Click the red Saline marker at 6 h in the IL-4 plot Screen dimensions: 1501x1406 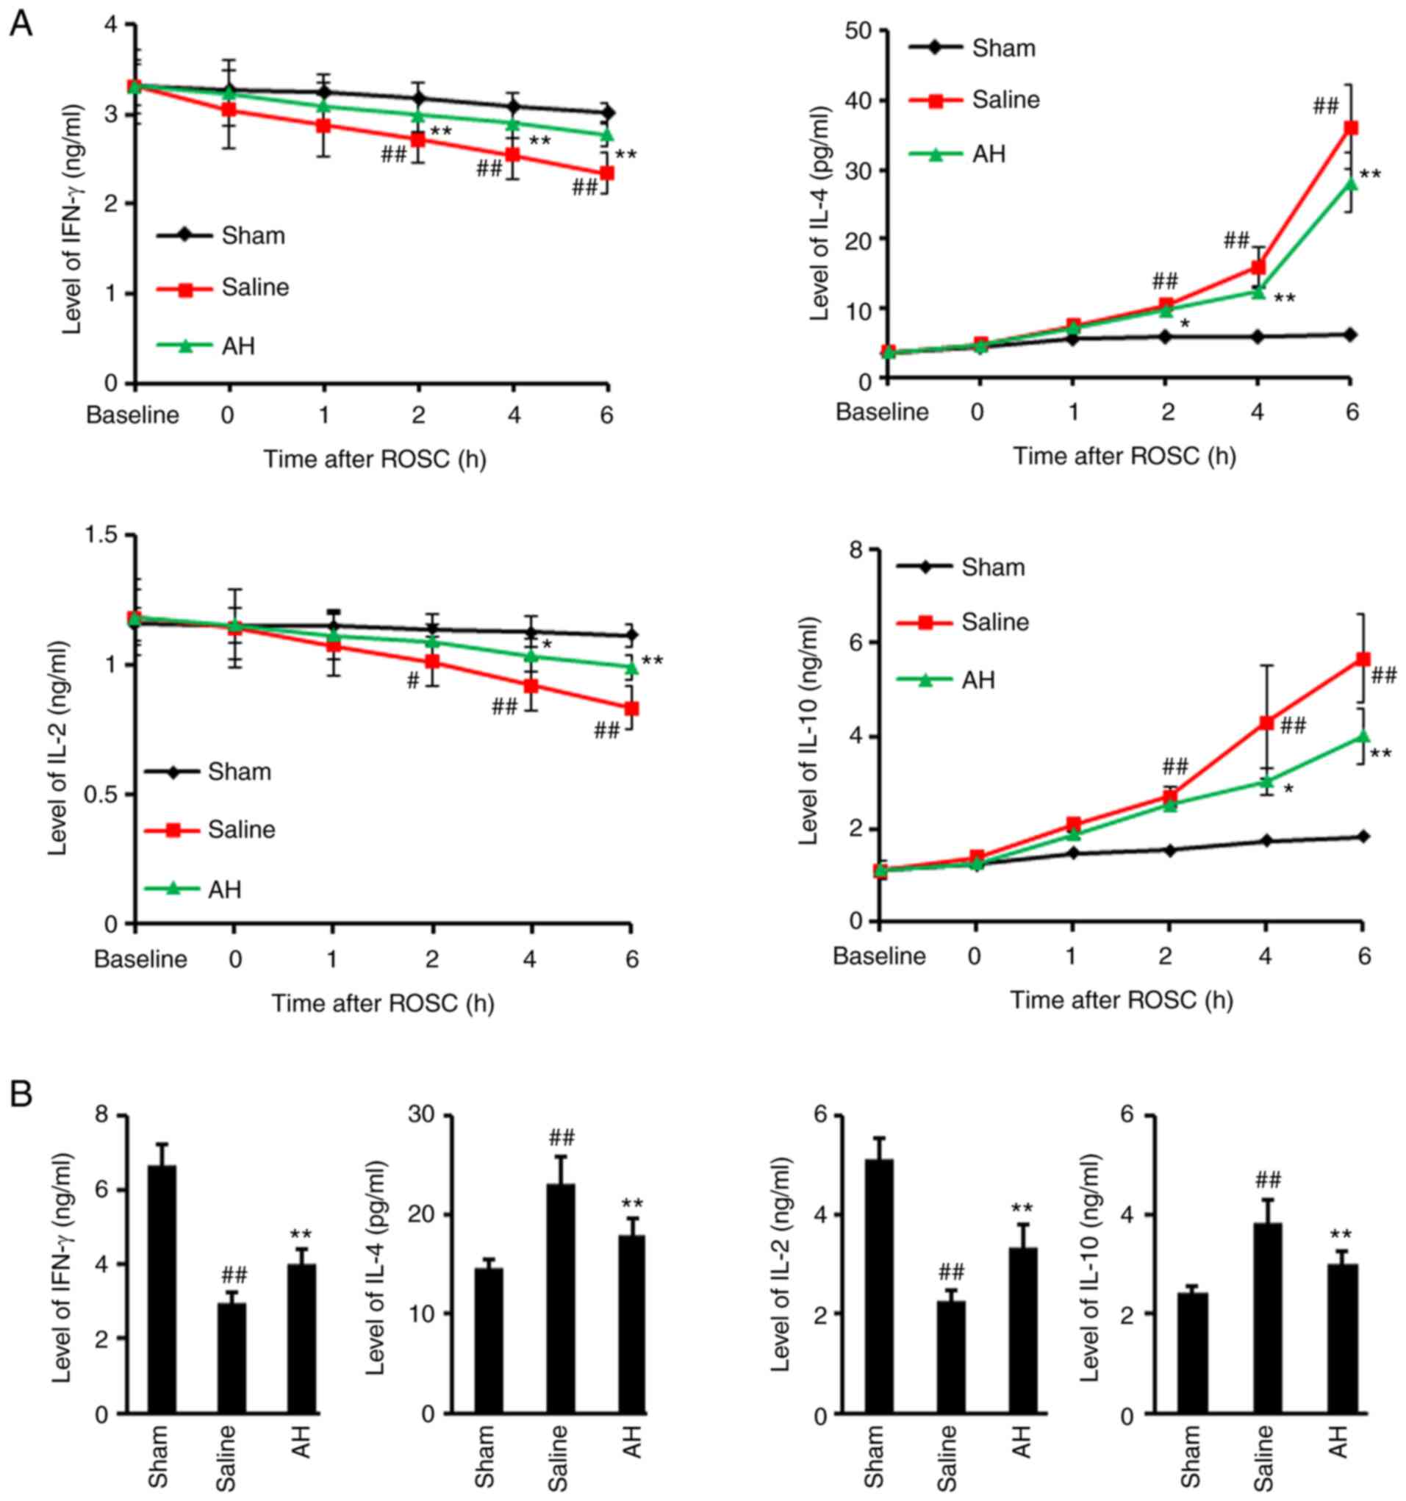point(1351,129)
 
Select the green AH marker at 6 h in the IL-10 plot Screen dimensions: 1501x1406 point(1363,736)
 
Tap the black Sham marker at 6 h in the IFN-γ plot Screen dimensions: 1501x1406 point(606,113)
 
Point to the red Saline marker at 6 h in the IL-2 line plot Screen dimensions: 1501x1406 point(631,708)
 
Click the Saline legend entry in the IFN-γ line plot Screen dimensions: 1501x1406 point(223,287)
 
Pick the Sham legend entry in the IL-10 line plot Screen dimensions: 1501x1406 point(961,567)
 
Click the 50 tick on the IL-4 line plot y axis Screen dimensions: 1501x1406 point(861,30)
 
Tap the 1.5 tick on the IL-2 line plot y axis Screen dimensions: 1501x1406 point(106,535)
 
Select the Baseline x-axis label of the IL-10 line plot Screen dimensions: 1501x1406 point(878,956)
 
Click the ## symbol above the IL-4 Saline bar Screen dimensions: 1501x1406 point(561,1138)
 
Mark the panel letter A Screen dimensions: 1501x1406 point(21,24)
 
